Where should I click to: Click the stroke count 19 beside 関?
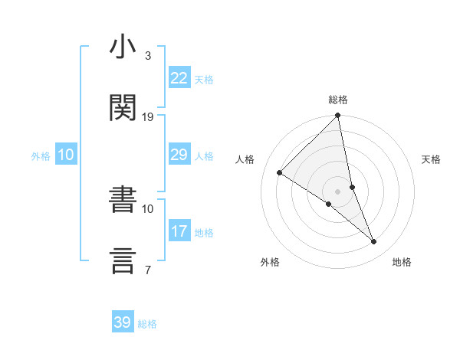[x=148, y=116]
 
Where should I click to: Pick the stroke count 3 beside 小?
[x=148, y=56]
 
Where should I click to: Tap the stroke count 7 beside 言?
[x=148, y=269]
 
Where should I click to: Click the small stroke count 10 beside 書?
[x=148, y=208]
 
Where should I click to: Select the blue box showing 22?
[x=179, y=78]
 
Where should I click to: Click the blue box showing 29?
[x=179, y=155]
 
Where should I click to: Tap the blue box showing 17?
[x=179, y=231]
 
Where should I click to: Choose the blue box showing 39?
[x=123, y=322]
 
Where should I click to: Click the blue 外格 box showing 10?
[x=66, y=155]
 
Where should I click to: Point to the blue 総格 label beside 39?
[x=147, y=324]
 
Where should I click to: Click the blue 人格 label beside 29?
[x=204, y=156]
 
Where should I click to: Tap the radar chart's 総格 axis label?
[x=338, y=100]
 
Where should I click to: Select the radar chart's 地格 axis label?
[x=402, y=262]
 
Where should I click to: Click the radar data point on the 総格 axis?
[x=338, y=116]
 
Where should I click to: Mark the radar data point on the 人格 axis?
[x=280, y=173]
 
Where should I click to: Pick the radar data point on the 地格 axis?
[x=374, y=241]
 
